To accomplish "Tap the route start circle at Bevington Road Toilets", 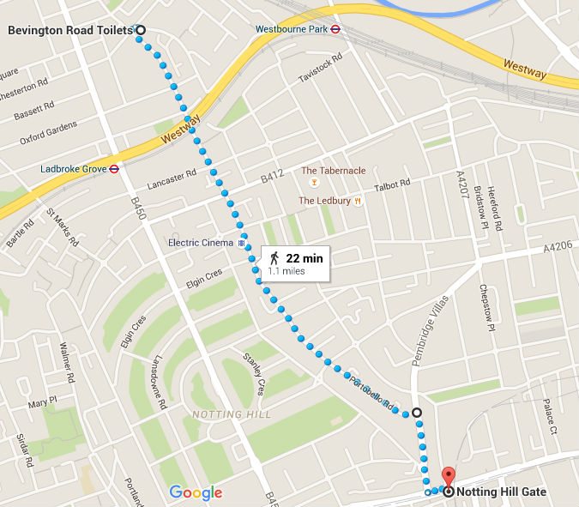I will pos(141,30).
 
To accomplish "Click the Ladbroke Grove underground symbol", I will pos(113,169).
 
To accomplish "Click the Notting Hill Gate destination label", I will pos(503,492).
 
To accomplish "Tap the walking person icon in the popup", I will pos(274,257).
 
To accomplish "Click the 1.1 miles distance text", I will pos(286,270).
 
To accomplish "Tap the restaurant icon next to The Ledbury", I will pos(358,201).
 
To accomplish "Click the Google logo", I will pos(196,492).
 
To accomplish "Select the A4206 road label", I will pos(558,245).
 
